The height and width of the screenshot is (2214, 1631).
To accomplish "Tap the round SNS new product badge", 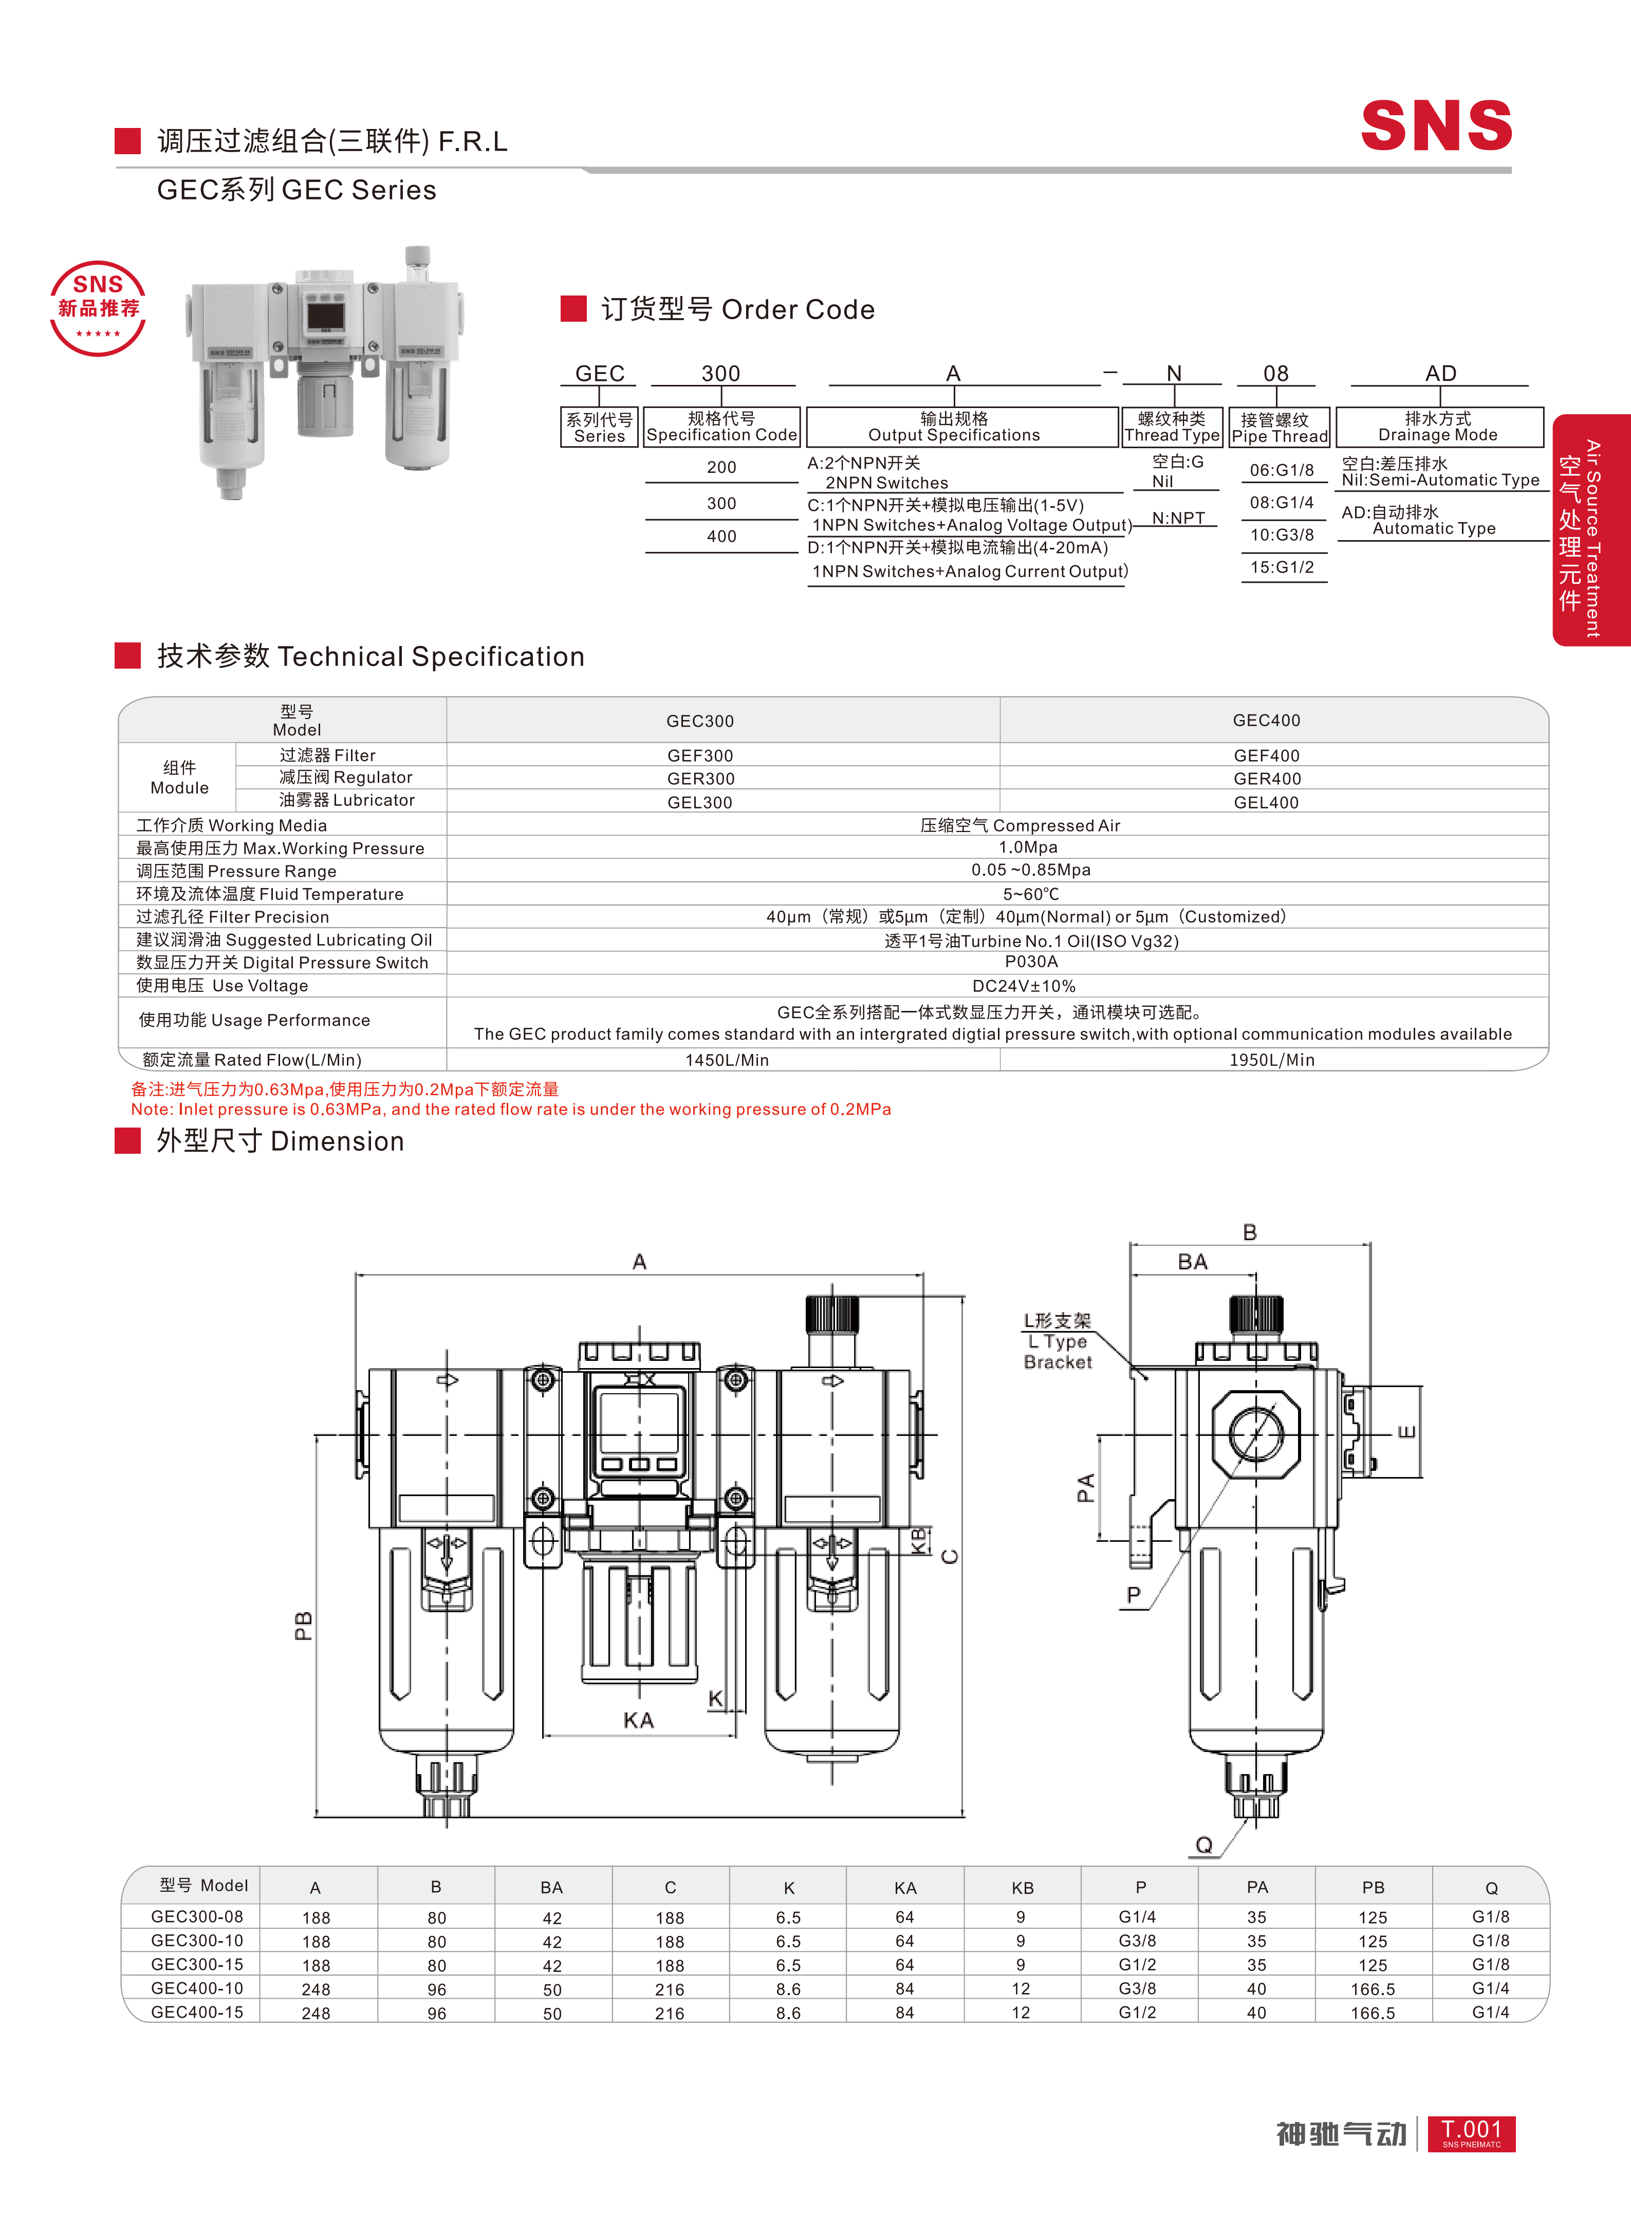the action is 98,308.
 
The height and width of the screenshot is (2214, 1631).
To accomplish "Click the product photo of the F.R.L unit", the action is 326,372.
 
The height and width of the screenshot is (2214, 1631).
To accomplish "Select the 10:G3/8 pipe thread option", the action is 1282,535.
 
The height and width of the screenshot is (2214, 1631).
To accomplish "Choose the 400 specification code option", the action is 721,536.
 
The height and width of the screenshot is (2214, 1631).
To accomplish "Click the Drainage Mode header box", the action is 1438,427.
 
